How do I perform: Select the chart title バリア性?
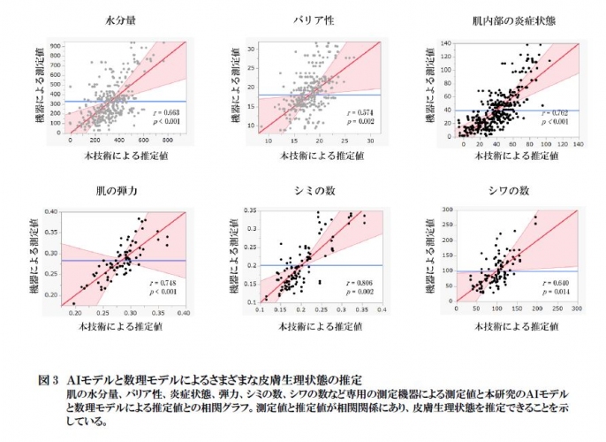click(x=314, y=19)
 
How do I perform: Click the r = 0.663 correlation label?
click(x=165, y=113)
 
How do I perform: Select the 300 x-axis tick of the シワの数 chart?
click(x=576, y=310)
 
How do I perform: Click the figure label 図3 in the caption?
click(x=49, y=378)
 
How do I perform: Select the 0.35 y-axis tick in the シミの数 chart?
click(x=249, y=212)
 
